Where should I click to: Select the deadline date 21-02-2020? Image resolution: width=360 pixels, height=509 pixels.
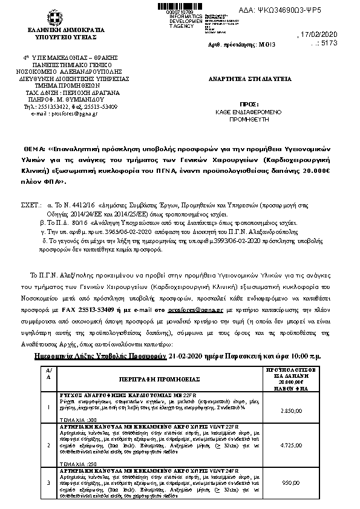tap(188, 357)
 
